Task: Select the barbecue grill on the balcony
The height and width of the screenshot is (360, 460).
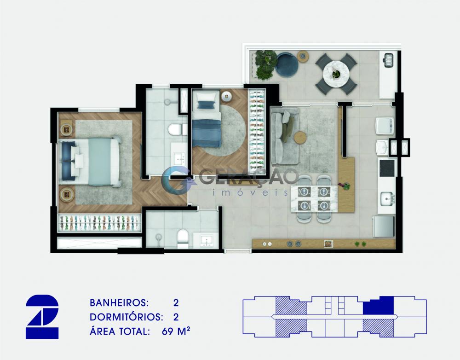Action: tap(389, 60)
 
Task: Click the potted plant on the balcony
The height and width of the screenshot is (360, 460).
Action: tap(266, 64)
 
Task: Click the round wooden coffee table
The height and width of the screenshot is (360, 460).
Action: tap(300, 138)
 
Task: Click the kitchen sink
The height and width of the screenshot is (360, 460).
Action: tap(387, 199)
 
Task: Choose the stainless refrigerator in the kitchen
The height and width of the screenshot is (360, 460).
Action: tap(384, 226)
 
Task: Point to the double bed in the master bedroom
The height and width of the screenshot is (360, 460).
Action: tap(90, 162)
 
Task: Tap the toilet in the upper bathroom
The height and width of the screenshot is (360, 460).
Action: tap(178, 129)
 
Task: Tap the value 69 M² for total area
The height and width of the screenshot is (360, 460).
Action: tap(176, 331)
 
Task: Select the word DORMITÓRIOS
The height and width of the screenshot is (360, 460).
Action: tap(126, 317)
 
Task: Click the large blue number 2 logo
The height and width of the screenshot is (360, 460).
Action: tap(42, 317)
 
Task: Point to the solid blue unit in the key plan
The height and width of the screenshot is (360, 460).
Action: tap(379, 306)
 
